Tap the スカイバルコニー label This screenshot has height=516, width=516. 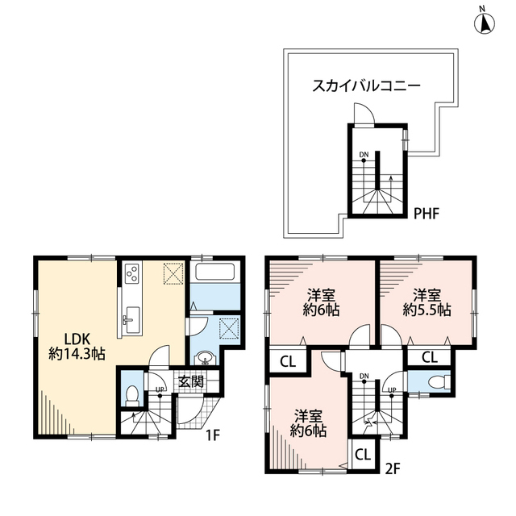(x=367, y=85)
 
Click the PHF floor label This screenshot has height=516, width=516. (x=427, y=214)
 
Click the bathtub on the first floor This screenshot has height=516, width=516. (x=215, y=281)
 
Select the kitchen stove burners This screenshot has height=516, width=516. (x=131, y=277)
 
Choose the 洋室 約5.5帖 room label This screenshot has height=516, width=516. (x=427, y=302)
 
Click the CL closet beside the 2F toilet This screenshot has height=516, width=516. (x=429, y=357)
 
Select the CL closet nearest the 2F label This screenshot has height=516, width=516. (x=362, y=455)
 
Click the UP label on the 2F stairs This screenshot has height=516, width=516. (x=393, y=390)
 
